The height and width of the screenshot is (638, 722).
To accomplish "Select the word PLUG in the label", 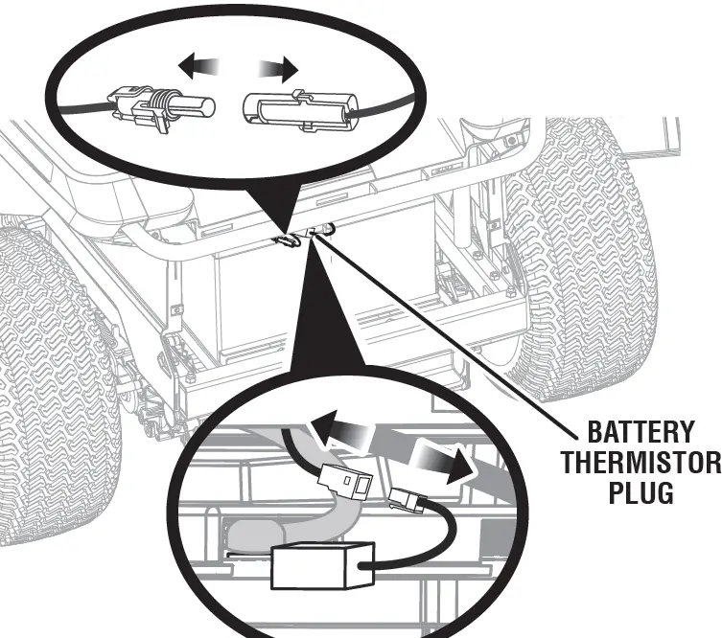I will tap(640, 494).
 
